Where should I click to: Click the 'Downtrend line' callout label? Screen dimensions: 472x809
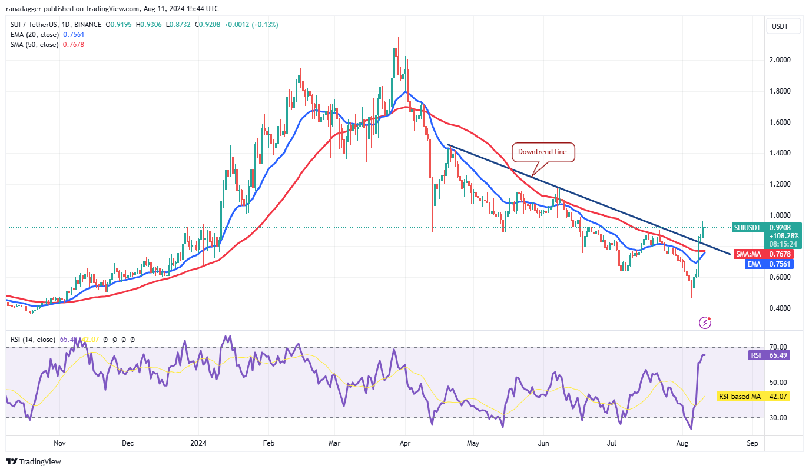[542, 152]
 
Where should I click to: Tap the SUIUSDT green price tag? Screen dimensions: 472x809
[747, 227]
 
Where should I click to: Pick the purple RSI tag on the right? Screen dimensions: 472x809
[755, 355]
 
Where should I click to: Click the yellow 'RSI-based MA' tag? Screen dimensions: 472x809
[739, 397]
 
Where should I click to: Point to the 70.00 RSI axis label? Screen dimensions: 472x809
[778, 347]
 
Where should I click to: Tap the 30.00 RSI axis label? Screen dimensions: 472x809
[778, 418]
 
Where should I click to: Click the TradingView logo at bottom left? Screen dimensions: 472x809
[34, 462]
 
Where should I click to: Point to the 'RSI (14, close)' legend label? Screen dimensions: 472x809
[33, 340]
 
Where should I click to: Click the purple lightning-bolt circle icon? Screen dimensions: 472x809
[705, 323]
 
